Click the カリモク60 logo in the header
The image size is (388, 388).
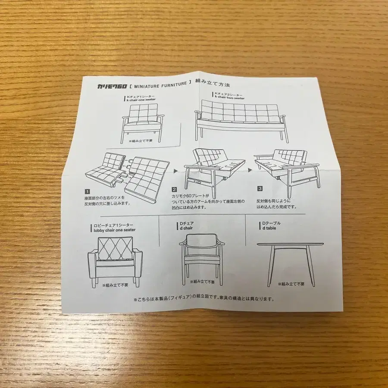pyautogui.click(x=112, y=86)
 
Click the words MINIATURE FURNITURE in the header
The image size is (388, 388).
pyautogui.click(x=160, y=85)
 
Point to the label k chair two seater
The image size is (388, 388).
pyautogui.click(x=230, y=98)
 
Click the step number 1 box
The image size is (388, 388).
pyautogui.click(x=88, y=191)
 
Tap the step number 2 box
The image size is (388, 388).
pyautogui.click(x=175, y=190)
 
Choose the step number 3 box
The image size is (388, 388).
pyautogui.click(x=260, y=189)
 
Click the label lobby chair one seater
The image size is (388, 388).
pyautogui.click(x=115, y=230)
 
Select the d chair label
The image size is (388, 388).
pyautogui.click(x=186, y=228)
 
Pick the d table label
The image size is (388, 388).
pyautogui.click(x=269, y=228)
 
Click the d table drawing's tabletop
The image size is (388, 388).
pyautogui.click(x=290, y=244)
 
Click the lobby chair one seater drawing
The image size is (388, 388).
pyautogui.click(x=115, y=262)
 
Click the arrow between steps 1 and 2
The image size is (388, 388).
pyautogui.click(x=176, y=171)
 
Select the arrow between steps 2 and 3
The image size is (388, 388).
pyautogui.click(x=250, y=170)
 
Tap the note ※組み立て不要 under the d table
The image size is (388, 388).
pyautogui.click(x=291, y=284)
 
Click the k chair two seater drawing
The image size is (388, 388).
pyautogui.click(x=241, y=121)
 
